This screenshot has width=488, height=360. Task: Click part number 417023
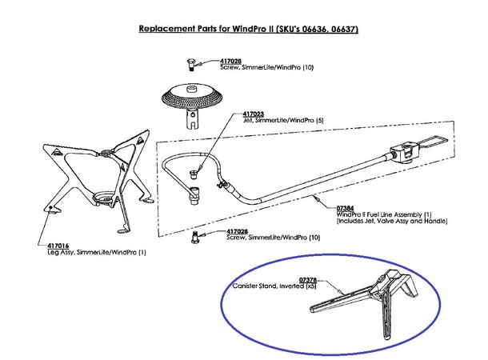(253, 114)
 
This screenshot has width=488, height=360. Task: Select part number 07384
(345, 209)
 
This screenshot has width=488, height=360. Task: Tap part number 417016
(58, 246)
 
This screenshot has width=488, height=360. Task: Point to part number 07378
(308, 280)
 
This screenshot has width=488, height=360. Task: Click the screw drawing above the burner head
(190, 65)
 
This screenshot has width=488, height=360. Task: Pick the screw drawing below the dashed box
(195, 238)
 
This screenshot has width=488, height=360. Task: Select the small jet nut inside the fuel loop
(194, 174)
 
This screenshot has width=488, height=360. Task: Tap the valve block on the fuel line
(404, 153)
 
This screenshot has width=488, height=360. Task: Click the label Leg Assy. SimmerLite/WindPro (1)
(97, 252)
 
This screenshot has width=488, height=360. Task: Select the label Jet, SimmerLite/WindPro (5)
(283, 121)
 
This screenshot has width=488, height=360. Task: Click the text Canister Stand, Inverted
(268, 286)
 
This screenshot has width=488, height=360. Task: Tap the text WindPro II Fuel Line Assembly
(379, 214)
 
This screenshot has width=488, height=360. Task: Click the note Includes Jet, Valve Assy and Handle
(392, 222)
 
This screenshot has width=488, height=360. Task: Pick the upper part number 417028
(230, 62)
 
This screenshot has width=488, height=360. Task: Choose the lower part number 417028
(237, 231)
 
